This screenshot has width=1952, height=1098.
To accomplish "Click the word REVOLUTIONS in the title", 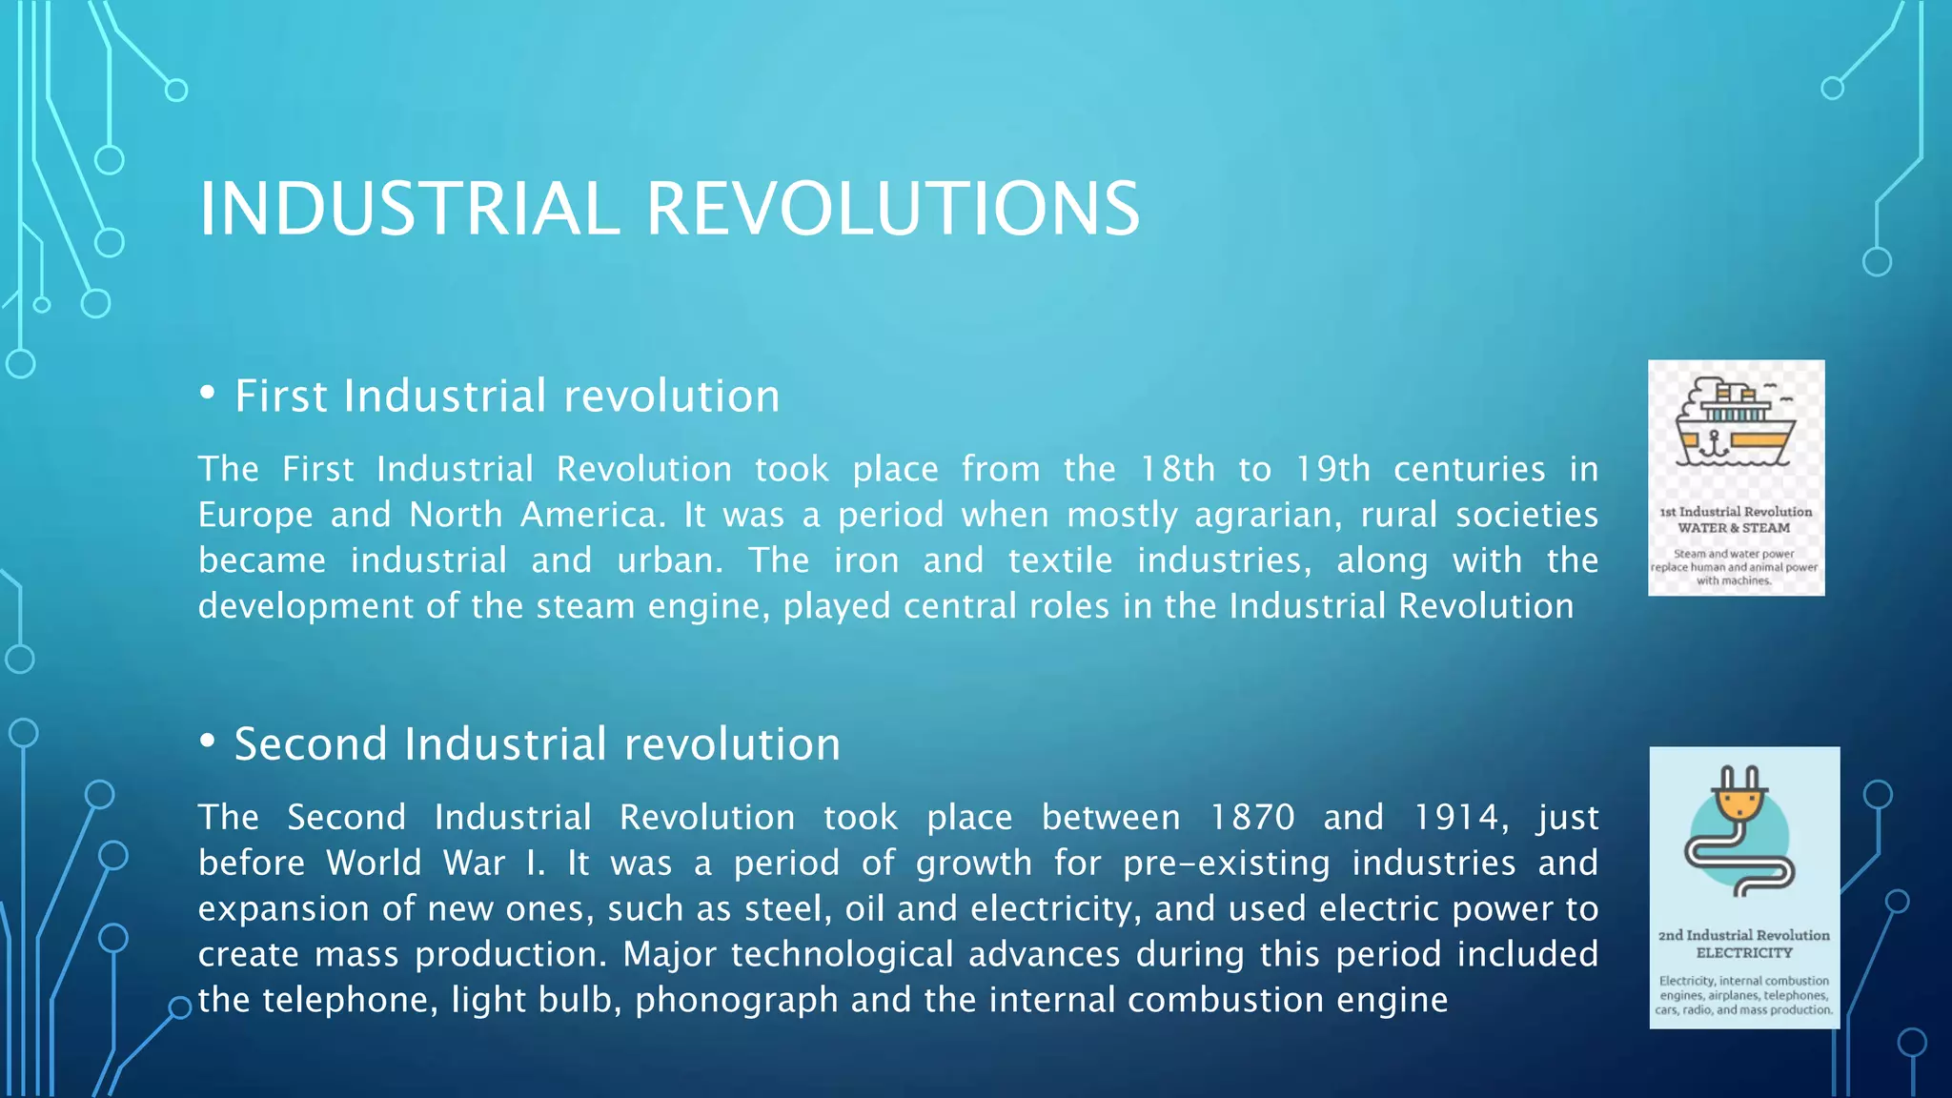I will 893,209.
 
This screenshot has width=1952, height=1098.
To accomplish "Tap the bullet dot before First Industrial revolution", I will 208,394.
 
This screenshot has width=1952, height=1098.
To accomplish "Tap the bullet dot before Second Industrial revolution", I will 208,742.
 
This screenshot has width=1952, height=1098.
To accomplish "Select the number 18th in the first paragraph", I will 1177,469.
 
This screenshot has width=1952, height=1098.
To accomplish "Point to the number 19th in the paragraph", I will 1332,469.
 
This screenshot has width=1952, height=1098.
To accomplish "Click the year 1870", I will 1252,817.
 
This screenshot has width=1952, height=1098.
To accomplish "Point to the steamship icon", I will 1735,422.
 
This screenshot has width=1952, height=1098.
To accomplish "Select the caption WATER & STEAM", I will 1734,528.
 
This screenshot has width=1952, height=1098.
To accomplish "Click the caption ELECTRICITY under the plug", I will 1744,952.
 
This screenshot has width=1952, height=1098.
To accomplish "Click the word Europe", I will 255,516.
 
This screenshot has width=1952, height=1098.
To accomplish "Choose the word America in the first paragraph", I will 592,515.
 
